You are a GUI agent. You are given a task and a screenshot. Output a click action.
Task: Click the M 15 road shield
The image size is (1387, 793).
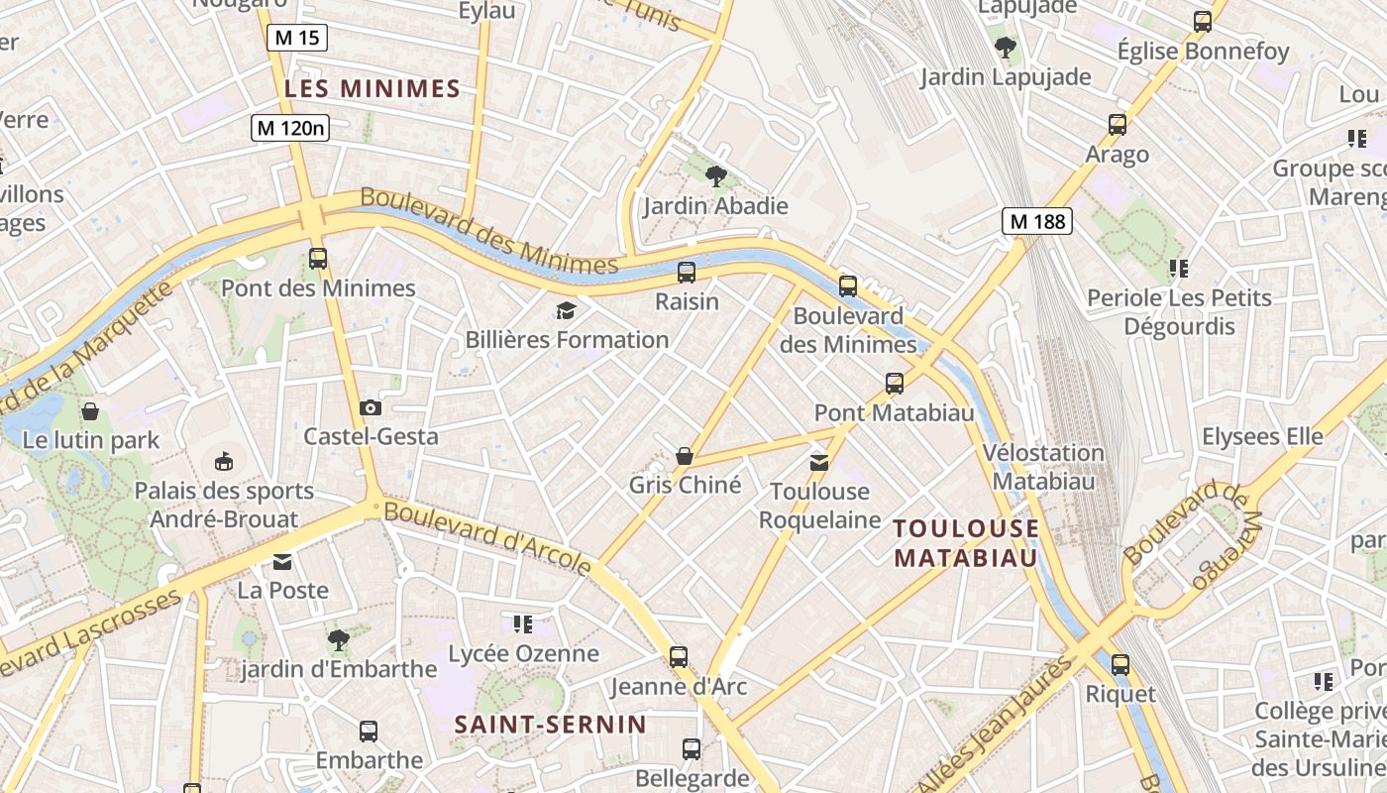coord(296,39)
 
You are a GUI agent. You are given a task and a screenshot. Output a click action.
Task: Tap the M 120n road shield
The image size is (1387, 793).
coord(289,128)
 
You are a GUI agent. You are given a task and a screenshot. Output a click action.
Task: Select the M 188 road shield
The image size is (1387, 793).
coord(1037,221)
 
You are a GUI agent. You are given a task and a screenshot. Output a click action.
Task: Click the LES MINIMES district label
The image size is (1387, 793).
coord(373,89)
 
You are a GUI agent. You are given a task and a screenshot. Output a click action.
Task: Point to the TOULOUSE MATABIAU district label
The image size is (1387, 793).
coord(966,542)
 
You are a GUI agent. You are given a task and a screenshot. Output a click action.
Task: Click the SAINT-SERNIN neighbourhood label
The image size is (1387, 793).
coord(550,725)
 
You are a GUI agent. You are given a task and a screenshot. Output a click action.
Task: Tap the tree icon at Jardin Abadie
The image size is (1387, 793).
coord(715,177)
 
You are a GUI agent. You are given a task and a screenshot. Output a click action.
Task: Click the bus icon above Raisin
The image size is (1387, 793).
coord(686,273)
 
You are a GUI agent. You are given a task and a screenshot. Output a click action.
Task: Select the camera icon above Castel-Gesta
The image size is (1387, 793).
coord(371,407)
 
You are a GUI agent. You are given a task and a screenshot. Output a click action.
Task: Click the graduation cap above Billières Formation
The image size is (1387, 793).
coord(566,311)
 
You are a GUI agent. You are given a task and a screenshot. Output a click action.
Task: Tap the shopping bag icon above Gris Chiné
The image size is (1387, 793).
coord(684,456)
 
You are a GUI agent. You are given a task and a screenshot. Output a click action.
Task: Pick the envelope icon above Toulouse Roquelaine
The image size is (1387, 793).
coord(819,462)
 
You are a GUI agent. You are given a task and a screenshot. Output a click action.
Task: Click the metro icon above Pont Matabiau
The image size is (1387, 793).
coord(894,384)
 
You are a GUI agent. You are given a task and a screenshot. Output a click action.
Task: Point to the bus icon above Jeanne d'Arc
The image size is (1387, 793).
coord(678,656)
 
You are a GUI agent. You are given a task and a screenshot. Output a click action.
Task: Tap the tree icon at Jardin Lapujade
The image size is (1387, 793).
coord(1005,47)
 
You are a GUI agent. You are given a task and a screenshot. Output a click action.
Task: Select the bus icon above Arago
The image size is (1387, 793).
coord(1117,125)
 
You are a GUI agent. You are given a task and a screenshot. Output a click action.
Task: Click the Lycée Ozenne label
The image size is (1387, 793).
coord(523,653)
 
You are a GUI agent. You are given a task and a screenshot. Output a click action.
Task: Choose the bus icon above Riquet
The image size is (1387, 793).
coord(1120,665)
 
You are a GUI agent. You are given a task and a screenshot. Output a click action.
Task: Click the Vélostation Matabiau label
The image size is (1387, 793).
coord(1042,467)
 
